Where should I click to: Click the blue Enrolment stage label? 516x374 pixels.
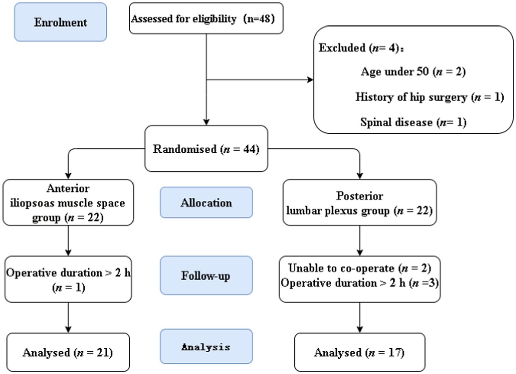coord(60,22)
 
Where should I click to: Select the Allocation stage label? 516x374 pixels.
coord(206,202)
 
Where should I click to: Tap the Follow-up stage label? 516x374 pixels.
coord(206,275)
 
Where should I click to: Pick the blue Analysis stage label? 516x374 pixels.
coord(206,346)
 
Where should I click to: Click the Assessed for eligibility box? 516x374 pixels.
coord(206,18)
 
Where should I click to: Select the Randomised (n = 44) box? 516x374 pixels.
coord(206,148)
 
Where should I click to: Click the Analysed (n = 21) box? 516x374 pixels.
coord(68,352)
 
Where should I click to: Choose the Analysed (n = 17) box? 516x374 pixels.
coord(360,352)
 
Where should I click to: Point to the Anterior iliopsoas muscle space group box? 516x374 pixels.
coord(68,202)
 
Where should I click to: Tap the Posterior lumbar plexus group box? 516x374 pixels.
coord(360,202)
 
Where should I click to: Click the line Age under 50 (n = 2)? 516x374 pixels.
coord(413,72)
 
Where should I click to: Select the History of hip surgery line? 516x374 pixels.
coord(430,97)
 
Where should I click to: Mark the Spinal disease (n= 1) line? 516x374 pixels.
coord(413,122)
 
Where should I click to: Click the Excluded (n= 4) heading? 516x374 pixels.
coord(361,48)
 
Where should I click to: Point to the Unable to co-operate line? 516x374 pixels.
coord(360,268)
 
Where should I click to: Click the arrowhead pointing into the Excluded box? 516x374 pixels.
coord(310,80)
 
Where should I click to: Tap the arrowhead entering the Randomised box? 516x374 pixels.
coord(206,122)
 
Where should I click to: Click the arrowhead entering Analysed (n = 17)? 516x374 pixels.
coord(360,330)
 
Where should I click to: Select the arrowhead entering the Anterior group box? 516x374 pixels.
coord(68,176)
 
